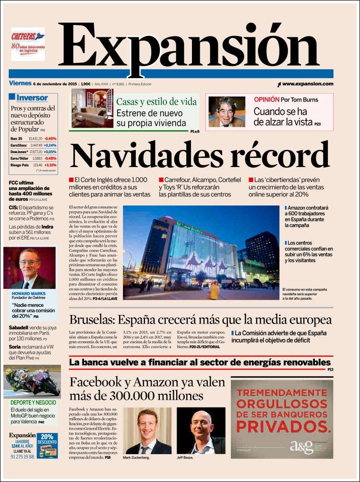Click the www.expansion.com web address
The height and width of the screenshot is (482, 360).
click(x=307, y=84)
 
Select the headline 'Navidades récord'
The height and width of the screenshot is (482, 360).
click(x=200, y=155)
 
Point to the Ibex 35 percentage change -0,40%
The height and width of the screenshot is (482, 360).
click(x=50, y=139)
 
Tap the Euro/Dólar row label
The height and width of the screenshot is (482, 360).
click(x=20, y=158)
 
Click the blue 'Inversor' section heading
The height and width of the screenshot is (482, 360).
click(x=32, y=98)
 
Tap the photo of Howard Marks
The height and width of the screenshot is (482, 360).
click(x=29, y=268)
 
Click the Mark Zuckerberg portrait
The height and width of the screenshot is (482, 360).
click(x=147, y=431)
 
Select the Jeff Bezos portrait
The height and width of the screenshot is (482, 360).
click(x=201, y=431)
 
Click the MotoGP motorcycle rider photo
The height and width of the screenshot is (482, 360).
click(x=32, y=381)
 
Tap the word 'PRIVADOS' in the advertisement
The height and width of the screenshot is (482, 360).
click(x=281, y=425)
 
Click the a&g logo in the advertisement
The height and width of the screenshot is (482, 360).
click(x=301, y=446)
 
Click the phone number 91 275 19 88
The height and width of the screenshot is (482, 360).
click(x=22, y=457)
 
